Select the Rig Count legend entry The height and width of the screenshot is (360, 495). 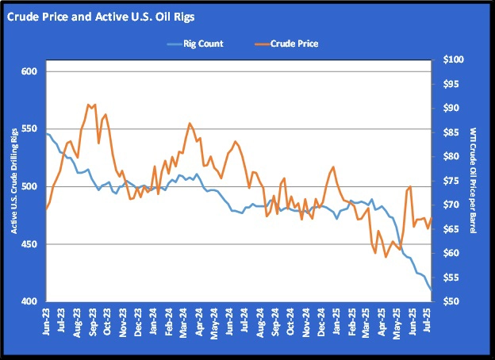click(x=195, y=44)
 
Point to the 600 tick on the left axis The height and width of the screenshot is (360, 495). click(x=32, y=71)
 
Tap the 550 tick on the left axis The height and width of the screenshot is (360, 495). click(x=32, y=129)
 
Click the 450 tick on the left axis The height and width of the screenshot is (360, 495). click(x=32, y=244)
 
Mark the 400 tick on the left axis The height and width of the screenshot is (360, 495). click(x=32, y=302)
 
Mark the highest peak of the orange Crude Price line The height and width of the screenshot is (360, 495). click(x=89, y=104)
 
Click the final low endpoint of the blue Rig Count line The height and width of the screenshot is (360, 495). click(x=432, y=290)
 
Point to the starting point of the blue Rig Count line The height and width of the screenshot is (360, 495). click(x=47, y=134)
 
